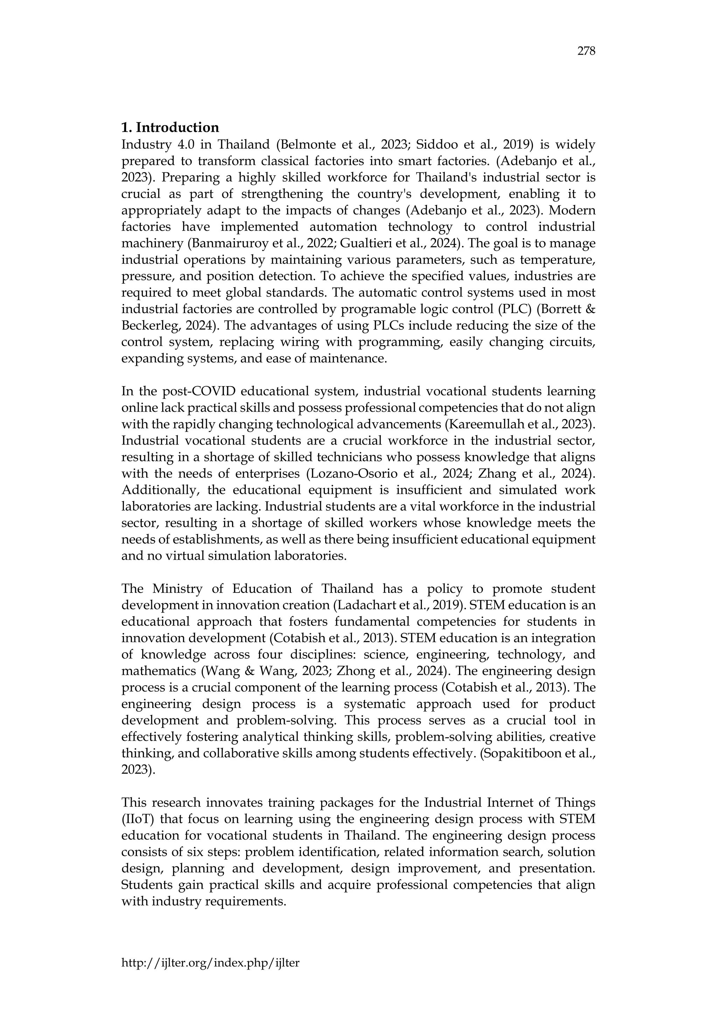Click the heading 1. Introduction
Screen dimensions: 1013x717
(x=170, y=128)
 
